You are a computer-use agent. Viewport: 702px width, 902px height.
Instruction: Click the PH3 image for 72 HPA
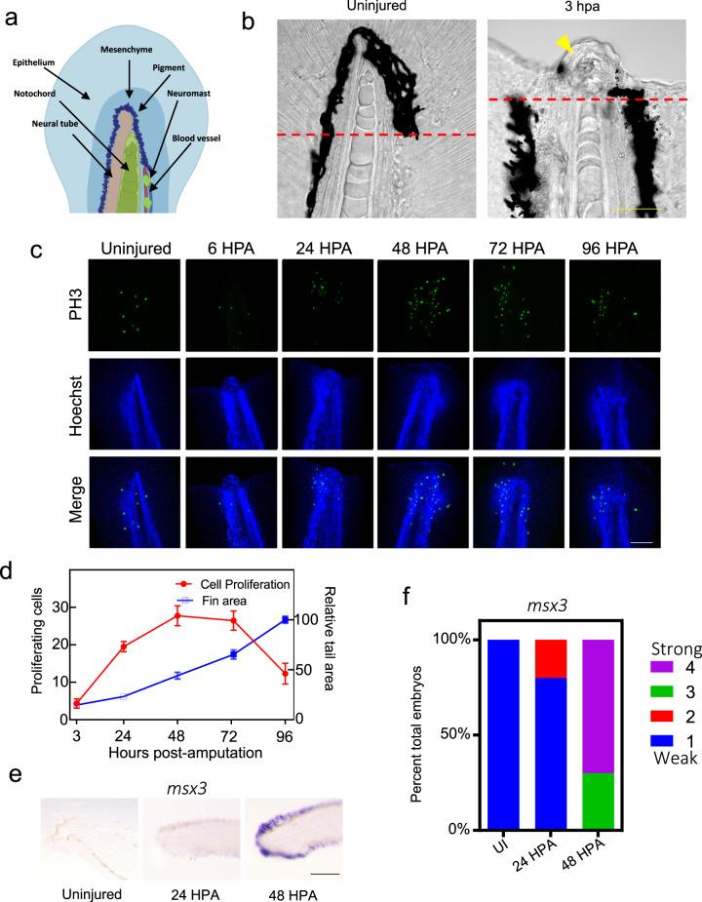point(511,309)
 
